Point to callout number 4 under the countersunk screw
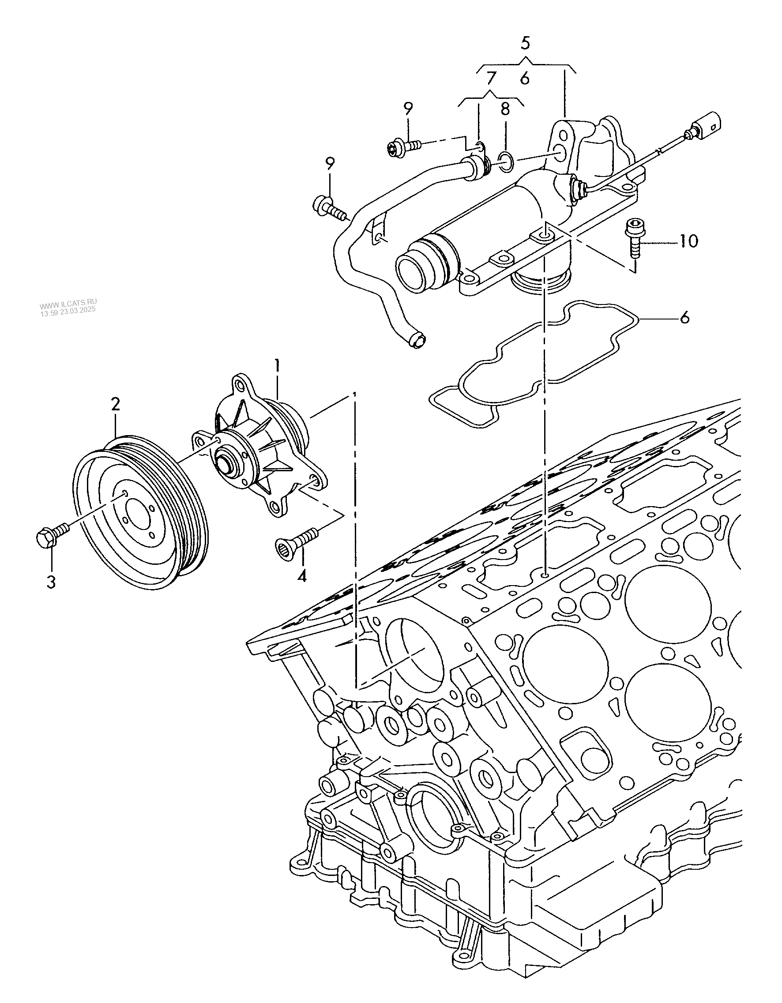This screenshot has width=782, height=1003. click(301, 575)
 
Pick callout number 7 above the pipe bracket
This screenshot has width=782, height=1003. click(491, 78)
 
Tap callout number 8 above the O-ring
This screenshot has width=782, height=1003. click(505, 109)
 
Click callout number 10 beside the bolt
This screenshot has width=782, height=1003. click(687, 240)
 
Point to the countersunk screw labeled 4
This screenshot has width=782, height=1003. click(296, 540)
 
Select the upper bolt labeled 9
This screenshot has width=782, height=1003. click(403, 147)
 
